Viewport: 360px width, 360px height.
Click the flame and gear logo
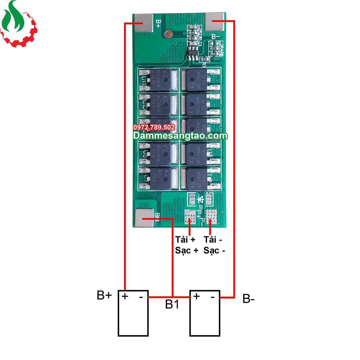[x=18, y=24]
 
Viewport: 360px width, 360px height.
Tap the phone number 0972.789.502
[x=154, y=127]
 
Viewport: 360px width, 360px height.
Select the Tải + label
[x=185, y=240]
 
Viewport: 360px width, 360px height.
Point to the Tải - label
[x=213, y=240]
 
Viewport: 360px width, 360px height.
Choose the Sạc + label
[x=187, y=250]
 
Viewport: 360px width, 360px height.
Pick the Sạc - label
[x=214, y=250]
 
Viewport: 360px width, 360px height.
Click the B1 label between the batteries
[x=172, y=304]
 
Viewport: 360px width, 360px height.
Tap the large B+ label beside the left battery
[x=104, y=295]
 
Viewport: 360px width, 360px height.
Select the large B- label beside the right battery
[x=249, y=299]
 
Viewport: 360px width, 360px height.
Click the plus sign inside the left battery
[x=125, y=296]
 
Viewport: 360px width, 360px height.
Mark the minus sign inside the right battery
[x=213, y=297]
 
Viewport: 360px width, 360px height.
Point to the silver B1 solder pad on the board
[x=144, y=218]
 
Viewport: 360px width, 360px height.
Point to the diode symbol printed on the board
[x=200, y=199]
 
